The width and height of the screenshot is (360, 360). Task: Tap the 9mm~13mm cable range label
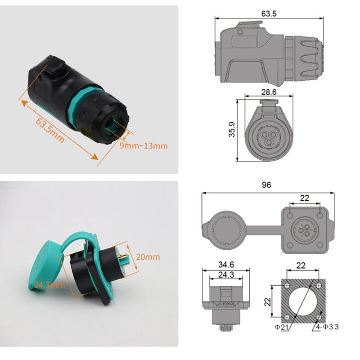(144, 145)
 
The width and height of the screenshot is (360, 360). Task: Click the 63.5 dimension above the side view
(269, 13)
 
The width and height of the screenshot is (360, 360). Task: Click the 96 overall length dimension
(268, 185)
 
